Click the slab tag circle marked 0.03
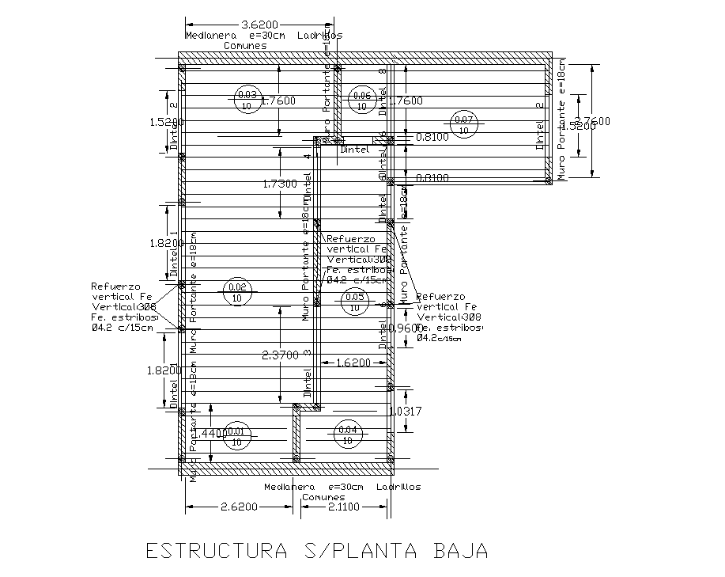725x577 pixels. pyautogui.click(x=245, y=101)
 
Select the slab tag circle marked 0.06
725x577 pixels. pyautogui.click(x=363, y=101)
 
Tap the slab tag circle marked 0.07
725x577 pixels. pyautogui.click(x=463, y=123)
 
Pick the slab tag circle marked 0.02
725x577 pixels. pyautogui.click(x=237, y=292)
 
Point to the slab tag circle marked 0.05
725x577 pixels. pyautogui.click(x=355, y=302)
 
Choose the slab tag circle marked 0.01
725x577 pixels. pyautogui.click(x=237, y=436)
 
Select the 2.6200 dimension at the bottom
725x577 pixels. pyautogui.click(x=236, y=507)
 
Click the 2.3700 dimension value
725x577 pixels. pyautogui.click(x=280, y=356)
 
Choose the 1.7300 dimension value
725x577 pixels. pyautogui.click(x=280, y=184)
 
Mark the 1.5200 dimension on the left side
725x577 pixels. pyautogui.click(x=167, y=123)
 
